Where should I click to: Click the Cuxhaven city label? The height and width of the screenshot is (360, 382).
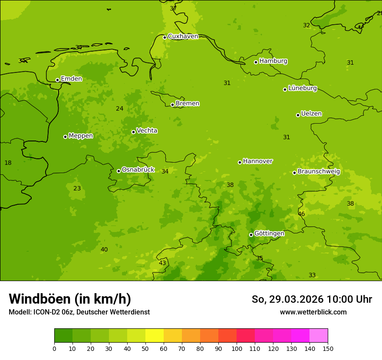[183, 36]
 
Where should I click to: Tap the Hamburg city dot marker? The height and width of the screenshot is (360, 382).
[256, 62]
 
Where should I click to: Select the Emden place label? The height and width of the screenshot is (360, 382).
[71, 79]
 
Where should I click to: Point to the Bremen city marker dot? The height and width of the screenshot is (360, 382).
[172, 105]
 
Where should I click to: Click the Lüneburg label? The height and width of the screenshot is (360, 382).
[302, 88]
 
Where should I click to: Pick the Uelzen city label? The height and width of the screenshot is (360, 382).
[311, 114]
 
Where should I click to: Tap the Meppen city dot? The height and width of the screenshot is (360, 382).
[65, 137]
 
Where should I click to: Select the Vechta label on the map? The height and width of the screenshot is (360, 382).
[147, 131]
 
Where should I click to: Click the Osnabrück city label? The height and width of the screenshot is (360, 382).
[138, 170]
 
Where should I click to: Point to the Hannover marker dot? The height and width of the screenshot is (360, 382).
[240, 162]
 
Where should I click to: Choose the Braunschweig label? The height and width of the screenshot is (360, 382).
[319, 172]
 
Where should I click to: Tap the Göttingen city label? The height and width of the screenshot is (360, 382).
[269, 234]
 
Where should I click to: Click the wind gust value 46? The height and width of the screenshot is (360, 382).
[301, 214]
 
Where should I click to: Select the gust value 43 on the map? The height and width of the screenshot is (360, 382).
[162, 263]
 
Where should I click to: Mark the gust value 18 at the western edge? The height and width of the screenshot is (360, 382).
[8, 163]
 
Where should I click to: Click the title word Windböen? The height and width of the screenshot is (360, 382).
[40, 299]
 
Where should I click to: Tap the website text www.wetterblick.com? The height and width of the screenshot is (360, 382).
[313, 312]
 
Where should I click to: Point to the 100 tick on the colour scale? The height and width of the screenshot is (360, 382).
[237, 348]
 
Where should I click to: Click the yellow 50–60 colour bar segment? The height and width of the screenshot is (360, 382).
[155, 336]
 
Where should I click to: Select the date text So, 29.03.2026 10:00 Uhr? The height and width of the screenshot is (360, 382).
[312, 299]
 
